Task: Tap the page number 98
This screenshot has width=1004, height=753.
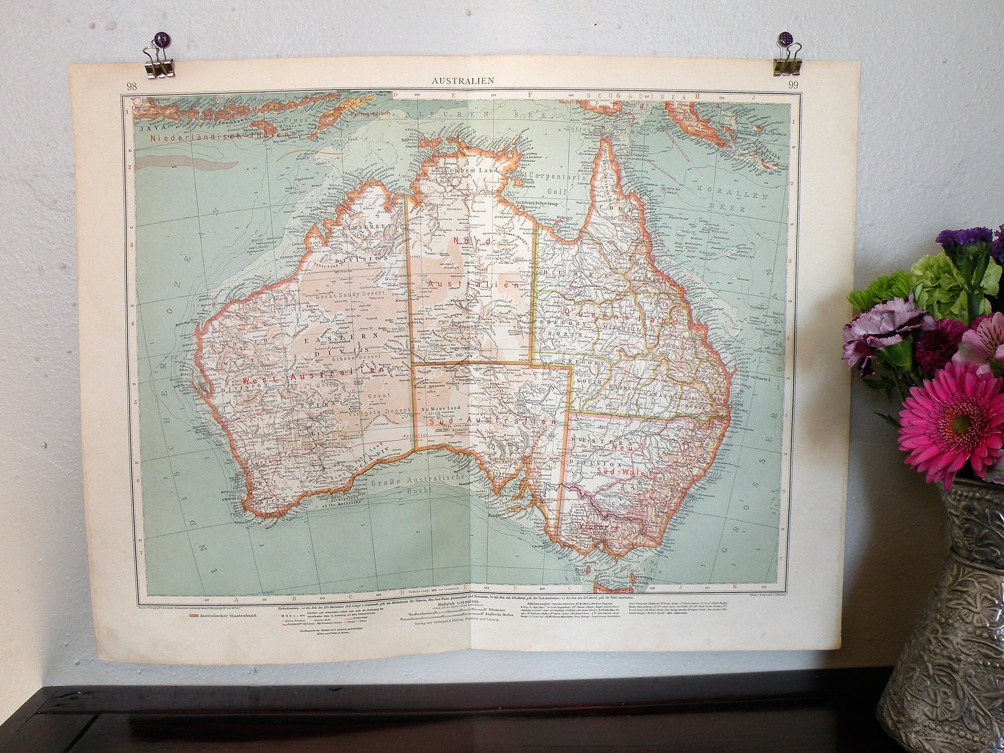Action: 132,87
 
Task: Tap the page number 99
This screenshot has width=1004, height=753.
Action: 793,86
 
